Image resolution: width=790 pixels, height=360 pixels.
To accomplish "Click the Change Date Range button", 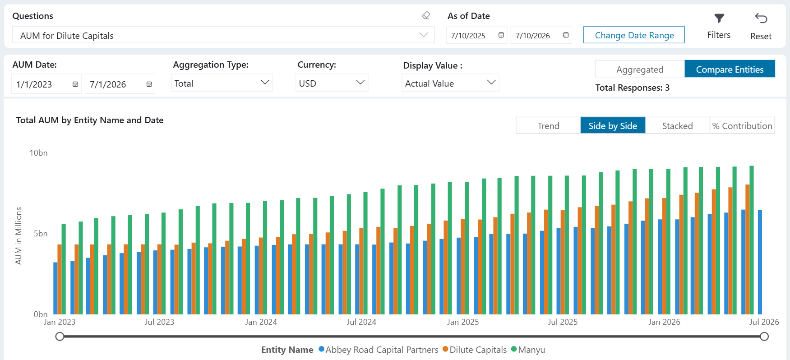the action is point(634,35).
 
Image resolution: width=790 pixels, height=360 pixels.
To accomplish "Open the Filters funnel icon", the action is point(719,18).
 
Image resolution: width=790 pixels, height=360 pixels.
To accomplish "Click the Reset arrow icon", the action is point(761,18).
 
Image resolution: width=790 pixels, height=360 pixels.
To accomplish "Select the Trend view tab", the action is point(548,126).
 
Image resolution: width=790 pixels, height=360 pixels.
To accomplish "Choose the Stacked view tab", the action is point(677,126).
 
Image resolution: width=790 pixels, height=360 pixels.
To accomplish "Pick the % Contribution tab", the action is point(742,126).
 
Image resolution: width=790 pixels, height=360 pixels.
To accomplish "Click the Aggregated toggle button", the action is point(640,69).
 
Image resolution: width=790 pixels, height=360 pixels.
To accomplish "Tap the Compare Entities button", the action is point(730,69).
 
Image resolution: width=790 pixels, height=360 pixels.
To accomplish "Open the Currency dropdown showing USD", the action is point(332,83).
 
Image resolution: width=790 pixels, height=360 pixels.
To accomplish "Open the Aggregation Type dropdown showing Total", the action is point(222,83).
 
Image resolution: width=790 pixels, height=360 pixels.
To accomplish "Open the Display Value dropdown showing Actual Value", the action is point(450,83).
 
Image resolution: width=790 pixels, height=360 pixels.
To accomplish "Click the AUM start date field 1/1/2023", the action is point(46,84).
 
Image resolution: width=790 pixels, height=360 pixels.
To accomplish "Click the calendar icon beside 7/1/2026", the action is point(149,84).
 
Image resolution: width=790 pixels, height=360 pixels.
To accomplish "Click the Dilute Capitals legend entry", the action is point(475,350).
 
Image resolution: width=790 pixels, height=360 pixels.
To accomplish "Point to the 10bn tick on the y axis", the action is point(38,153).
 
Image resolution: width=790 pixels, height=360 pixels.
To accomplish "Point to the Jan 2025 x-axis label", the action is point(463,322).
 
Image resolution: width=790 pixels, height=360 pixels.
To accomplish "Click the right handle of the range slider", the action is point(764,337).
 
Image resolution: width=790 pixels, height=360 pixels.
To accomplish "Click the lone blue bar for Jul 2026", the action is point(760,262).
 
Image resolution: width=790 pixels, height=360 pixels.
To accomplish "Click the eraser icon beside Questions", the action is point(426,16).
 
